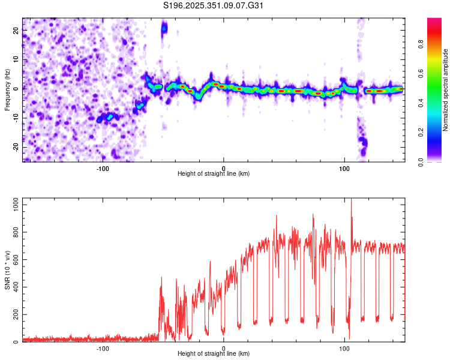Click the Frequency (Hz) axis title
7,89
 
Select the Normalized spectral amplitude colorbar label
446,89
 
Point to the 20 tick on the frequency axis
16,29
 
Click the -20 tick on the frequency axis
15,147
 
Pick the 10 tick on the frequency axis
16,59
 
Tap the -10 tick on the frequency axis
15,118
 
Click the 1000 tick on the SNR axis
13,205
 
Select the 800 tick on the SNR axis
14,233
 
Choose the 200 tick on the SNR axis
14,315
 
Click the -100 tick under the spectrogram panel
103,168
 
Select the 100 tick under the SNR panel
344,348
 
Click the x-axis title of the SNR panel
214,354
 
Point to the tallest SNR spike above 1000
351,202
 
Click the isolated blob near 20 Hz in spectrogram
164,28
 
